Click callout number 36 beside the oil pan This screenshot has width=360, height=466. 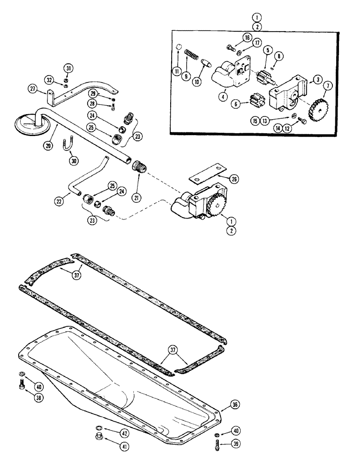[235, 405]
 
